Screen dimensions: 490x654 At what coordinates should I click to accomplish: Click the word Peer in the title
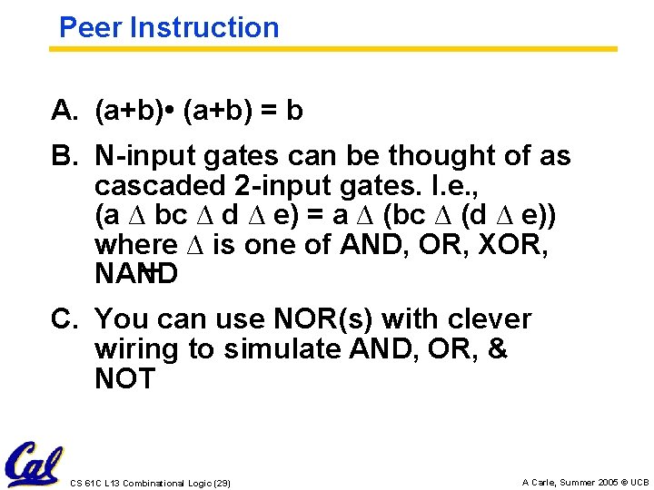tap(90, 27)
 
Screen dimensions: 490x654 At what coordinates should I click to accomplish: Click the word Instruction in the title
tap(204, 27)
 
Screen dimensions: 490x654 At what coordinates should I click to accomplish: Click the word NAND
tap(136, 274)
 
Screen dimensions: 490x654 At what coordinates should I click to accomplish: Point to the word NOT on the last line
tap(125, 378)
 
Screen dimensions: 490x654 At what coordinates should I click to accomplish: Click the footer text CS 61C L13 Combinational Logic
tap(150, 483)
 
